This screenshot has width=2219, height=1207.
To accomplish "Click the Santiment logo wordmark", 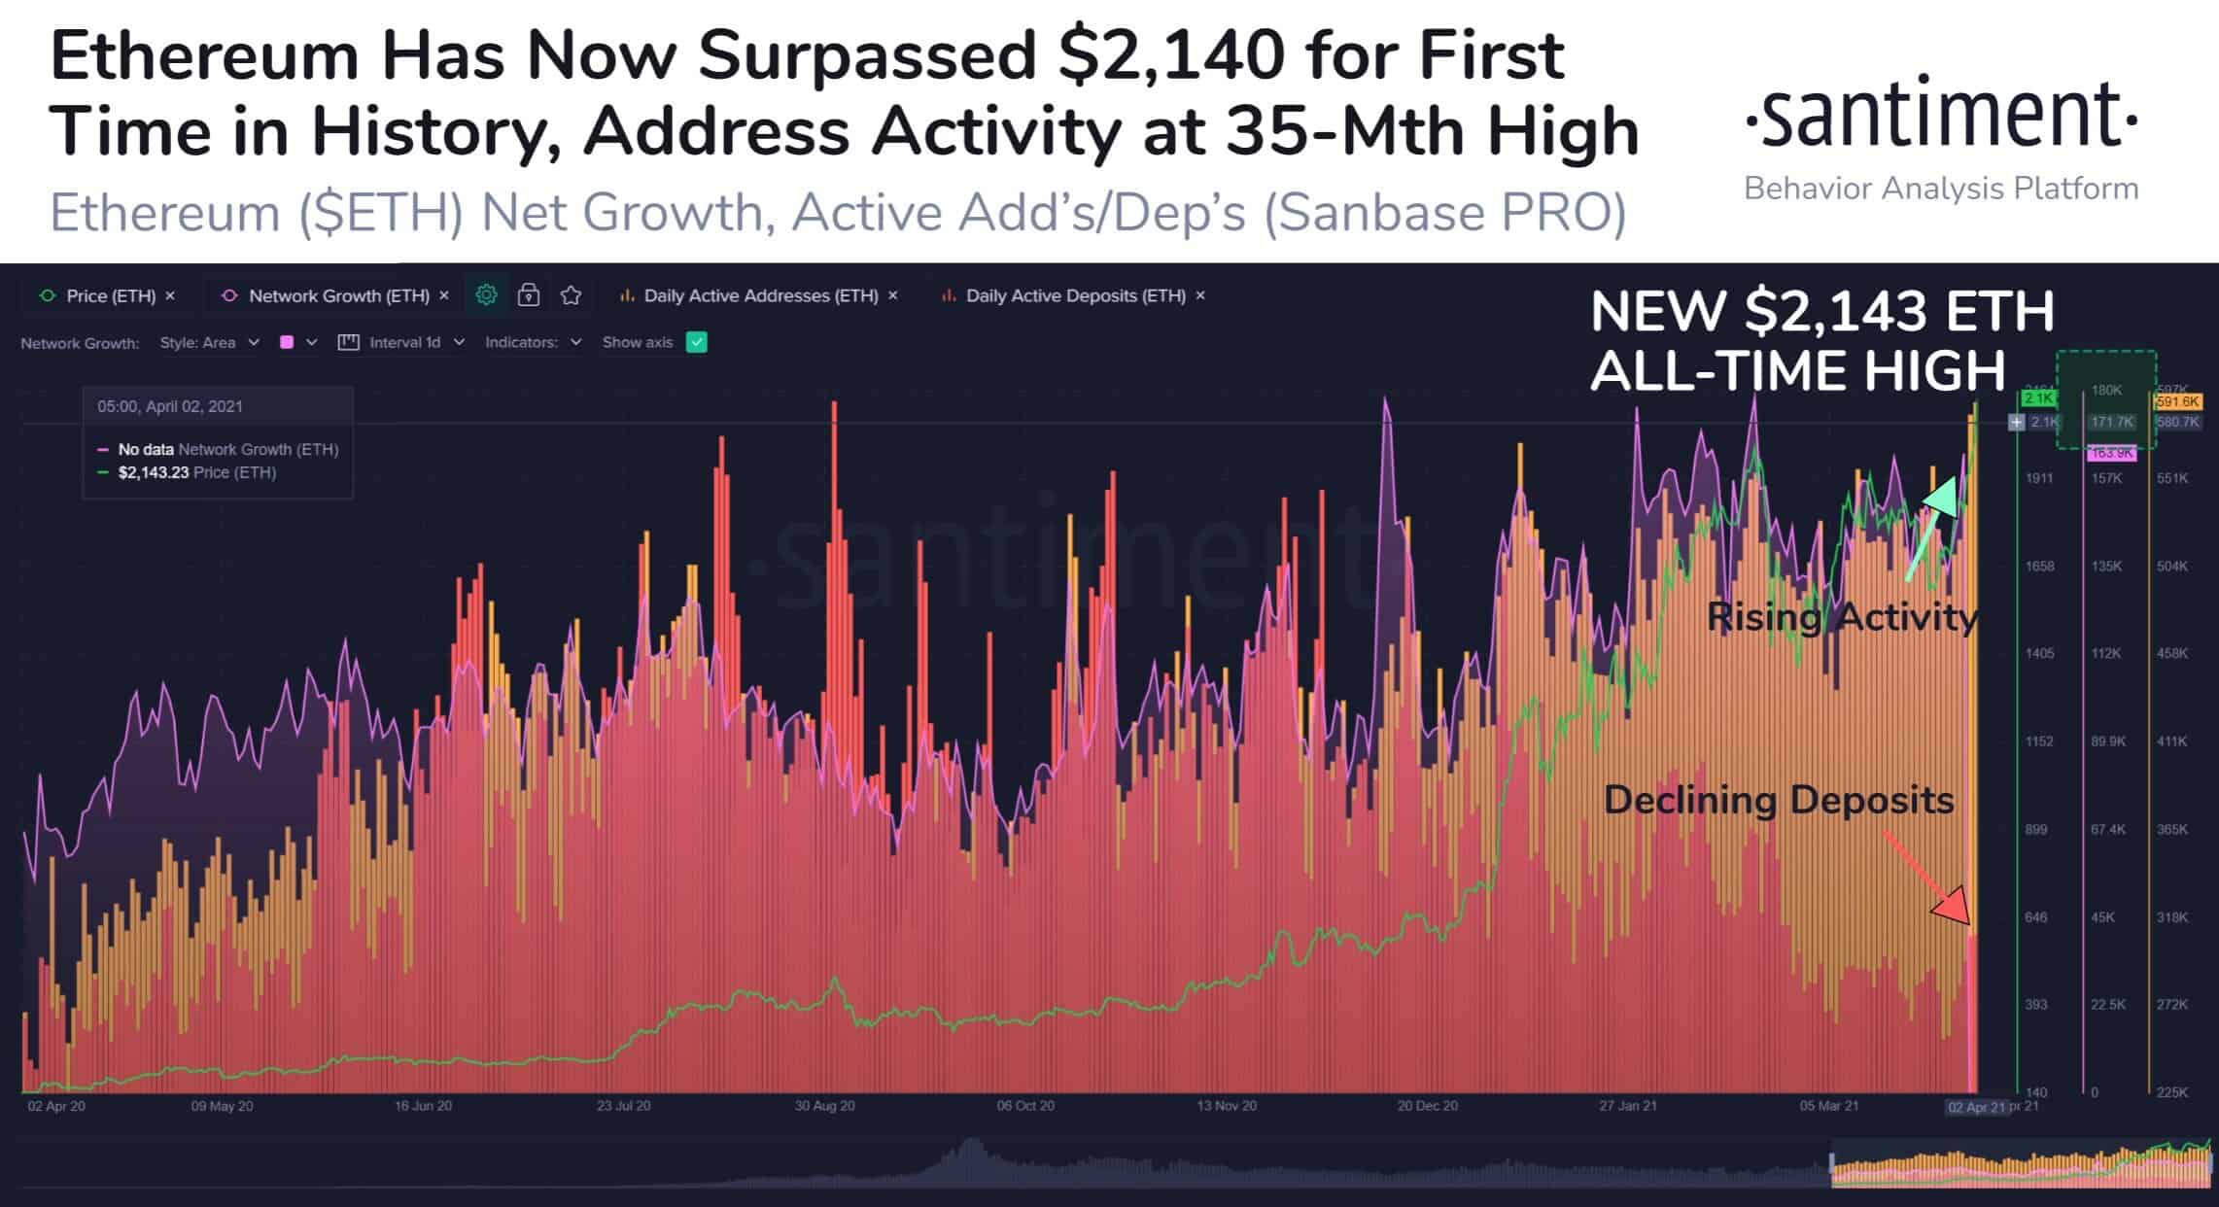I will tap(1940, 115).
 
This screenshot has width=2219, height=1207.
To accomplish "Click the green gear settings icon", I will tap(486, 294).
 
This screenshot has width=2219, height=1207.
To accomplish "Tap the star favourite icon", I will tap(572, 294).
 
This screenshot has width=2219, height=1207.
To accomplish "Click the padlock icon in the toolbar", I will tap(529, 294).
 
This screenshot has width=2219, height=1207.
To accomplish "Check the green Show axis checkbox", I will tap(697, 342).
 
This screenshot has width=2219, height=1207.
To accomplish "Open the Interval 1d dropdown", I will tap(402, 342).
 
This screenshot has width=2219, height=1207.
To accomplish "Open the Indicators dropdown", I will tap(533, 342).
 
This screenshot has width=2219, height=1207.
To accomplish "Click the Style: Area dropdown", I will tap(209, 342).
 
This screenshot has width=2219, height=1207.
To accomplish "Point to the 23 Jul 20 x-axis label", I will tap(623, 1106).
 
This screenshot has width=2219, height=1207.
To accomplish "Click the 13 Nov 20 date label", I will tap(1227, 1106).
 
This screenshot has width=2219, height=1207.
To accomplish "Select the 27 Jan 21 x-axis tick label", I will tap(1628, 1106).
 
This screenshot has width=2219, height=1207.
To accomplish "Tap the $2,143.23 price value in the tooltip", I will tap(154, 473).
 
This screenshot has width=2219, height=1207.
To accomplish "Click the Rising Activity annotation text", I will tap(1842, 617).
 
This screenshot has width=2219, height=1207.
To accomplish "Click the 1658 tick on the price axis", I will tap(2039, 567).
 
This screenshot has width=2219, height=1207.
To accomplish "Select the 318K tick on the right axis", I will tap(2172, 917).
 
